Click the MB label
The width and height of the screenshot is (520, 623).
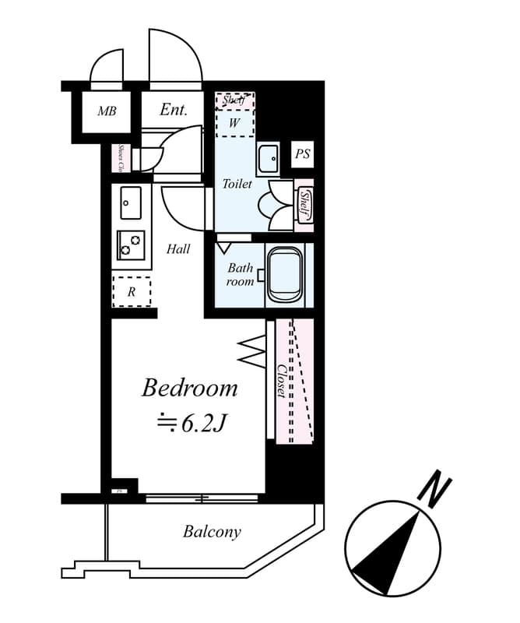pyautogui.click(x=107, y=111)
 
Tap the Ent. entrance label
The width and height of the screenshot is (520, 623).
pyautogui.click(x=173, y=110)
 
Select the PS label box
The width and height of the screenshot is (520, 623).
pyautogui.click(x=303, y=154)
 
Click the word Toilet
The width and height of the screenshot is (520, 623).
pyautogui.click(x=237, y=185)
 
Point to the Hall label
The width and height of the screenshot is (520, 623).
pyautogui.click(x=178, y=249)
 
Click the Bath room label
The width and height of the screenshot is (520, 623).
pyautogui.click(x=241, y=274)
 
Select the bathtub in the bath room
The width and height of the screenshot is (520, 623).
pyautogui.click(x=284, y=276)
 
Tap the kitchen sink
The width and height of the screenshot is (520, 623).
pyautogui.click(x=131, y=204)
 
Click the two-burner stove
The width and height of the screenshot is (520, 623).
pyautogui.click(x=131, y=245)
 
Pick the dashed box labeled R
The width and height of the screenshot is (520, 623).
pyautogui.click(x=132, y=292)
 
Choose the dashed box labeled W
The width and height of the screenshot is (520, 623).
pyautogui.click(x=234, y=123)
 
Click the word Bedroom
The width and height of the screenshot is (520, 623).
pyautogui.click(x=189, y=388)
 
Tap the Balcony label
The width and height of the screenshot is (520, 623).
pyautogui.click(x=212, y=533)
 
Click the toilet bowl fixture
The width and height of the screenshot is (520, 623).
pyautogui.click(x=277, y=203)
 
